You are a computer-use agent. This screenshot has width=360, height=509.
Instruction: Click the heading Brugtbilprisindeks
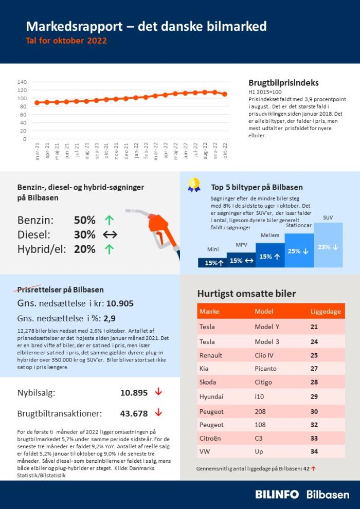pos(283,83)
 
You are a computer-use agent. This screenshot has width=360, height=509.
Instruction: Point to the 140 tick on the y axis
pos(22,82)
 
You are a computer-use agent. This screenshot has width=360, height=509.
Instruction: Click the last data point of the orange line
pos(224,94)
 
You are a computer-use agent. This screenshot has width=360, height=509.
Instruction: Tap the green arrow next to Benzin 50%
pos(109,221)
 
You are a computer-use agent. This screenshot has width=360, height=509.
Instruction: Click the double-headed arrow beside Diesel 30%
pos(110,235)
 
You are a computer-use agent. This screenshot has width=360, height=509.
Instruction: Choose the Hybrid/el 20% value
pos(85,249)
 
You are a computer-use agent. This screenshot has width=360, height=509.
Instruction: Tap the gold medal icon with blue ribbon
pos(194,185)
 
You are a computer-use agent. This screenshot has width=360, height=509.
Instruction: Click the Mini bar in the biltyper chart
pos(212,263)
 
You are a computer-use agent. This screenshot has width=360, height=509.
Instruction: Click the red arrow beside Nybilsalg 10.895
pos(158,392)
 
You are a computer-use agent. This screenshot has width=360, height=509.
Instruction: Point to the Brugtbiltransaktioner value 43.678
pos(134,413)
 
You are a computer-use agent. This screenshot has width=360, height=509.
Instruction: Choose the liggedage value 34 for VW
pos(314,451)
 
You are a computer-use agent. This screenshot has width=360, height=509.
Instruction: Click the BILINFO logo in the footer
pos(277,495)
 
